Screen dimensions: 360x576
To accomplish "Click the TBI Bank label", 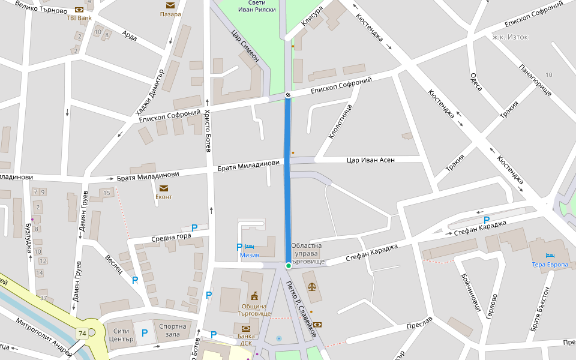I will (x=79, y=18).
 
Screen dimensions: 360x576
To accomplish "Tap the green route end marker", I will (x=288, y=265).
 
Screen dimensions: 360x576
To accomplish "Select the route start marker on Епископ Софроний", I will (x=288, y=95).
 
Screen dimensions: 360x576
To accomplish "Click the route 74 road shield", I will (x=82, y=333).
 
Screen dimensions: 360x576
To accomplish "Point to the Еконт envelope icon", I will (x=164, y=188).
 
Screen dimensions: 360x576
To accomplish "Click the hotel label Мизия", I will (x=250, y=255).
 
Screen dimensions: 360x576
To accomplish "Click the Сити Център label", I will (x=121, y=334).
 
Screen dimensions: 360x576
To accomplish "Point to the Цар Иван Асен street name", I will (x=370, y=160).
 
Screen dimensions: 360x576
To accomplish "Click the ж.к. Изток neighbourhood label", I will (x=510, y=37).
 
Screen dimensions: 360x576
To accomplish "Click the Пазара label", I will (x=170, y=14).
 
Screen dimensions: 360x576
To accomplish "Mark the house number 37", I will (x=43, y=298).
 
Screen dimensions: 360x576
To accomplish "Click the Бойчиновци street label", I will (x=471, y=291).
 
